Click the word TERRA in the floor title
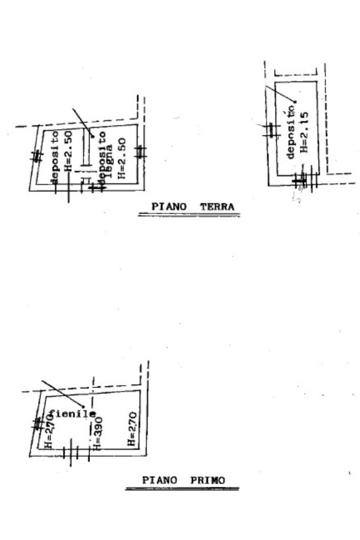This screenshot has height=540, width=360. click(x=217, y=207)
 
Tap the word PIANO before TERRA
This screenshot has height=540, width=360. click(x=169, y=207)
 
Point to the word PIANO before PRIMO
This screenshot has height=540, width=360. click(x=160, y=480)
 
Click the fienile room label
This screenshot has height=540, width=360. click(x=73, y=414)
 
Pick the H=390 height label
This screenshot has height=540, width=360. click(x=96, y=435)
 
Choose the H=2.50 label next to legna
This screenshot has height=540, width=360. click(x=122, y=158)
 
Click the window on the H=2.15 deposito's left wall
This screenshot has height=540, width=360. click(x=271, y=130)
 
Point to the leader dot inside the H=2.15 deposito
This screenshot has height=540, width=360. click(x=296, y=101)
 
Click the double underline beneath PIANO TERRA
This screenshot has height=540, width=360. click(x=189, y=215)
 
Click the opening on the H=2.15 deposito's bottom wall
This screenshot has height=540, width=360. click(x=306, y=181)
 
